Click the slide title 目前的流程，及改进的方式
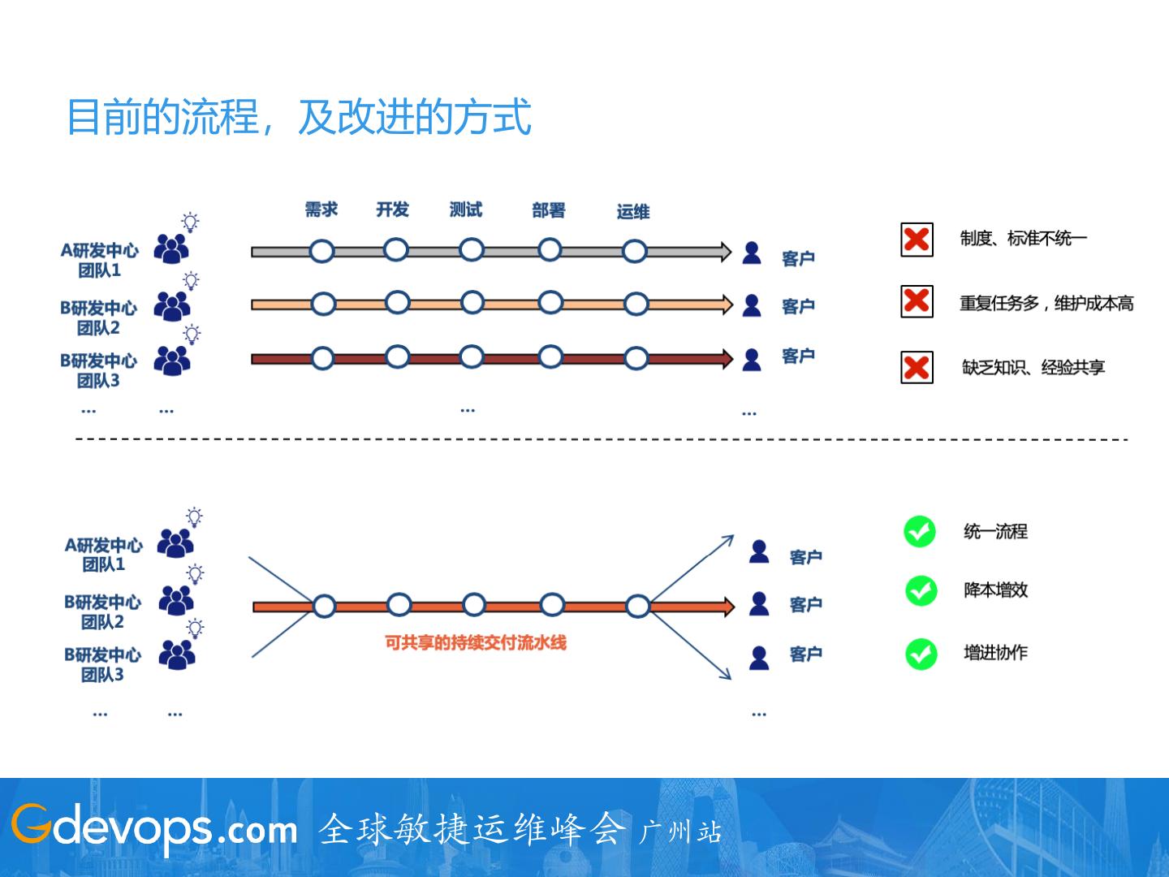tap(299, 117)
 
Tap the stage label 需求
tap(321, 210)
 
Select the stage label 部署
tap(549, 210)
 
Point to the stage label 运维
tap(633, 212)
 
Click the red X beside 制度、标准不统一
tap(917, 240)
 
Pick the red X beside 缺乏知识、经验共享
tap(917, 367)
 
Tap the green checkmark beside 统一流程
tap(920, 532)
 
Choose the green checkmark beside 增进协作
tap(921, 654)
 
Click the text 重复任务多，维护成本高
tap(1046, 304)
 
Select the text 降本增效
tap(995, 590)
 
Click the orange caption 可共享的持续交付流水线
tap(476, 643)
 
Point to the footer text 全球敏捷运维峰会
tap(472, 829)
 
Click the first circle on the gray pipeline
tap(322, 251)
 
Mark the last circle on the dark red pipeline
tap(636, 358)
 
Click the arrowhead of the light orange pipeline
tap(726, 305)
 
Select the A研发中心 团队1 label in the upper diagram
tap(99, 260)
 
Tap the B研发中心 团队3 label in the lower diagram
tap(102, 664)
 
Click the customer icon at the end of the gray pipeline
tap(752, 253)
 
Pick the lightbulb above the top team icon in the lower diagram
tap(195, 516)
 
